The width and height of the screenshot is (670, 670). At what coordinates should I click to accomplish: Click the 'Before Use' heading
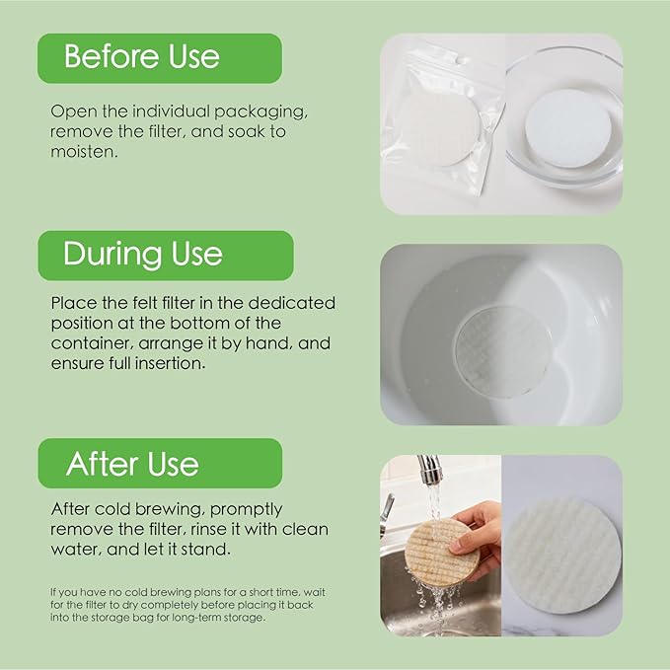[142, 57]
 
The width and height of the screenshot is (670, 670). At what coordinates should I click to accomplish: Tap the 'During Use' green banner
[166, 256]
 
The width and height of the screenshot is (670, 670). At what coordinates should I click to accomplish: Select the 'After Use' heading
[132, 464]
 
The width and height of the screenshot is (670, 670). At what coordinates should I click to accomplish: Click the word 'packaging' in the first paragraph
[261, 112]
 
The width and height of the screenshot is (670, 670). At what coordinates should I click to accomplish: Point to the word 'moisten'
[84, 152]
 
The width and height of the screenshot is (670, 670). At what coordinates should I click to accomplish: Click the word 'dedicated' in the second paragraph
[291, 303]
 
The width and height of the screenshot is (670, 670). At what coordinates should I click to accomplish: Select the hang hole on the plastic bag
[460, 61]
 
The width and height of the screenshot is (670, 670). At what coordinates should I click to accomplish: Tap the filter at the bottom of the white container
[504, 351]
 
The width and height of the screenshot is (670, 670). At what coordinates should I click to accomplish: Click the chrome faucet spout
[430, 469]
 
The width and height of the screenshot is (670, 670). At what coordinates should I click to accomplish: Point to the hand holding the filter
[476, 534]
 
